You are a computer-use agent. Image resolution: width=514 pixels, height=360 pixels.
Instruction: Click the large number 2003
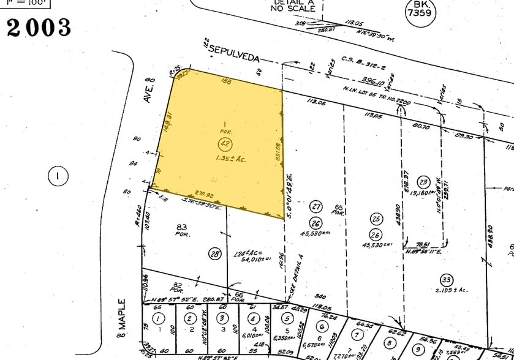click(39, 28)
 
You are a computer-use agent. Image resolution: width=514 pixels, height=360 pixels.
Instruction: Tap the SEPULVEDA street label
click(233, 53)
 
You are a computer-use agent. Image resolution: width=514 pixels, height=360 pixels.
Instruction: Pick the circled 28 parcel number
click(214, 254)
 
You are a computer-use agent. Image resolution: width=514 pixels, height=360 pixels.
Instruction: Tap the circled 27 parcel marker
click(316, 206)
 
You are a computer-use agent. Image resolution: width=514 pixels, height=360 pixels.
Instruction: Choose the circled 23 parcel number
click(422, 182)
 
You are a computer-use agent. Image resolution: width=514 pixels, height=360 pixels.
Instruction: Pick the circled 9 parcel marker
click(418, 348)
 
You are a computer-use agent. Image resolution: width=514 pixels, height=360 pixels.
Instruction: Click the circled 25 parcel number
click(377, 219)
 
